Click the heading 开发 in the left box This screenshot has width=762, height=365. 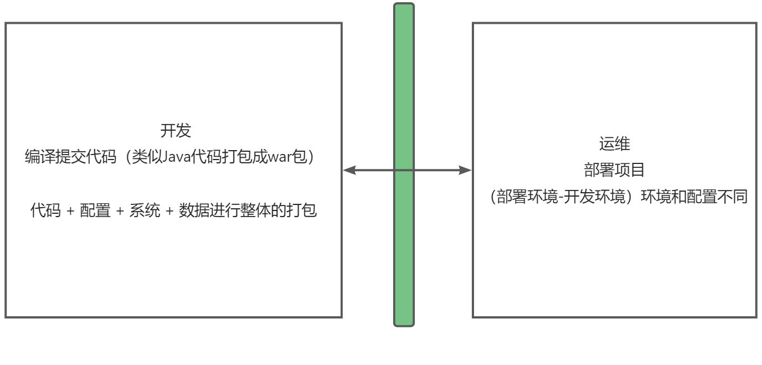tap(176, 131)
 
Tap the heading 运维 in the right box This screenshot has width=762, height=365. tap(614, 145)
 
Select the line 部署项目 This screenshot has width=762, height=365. tap(614, 169)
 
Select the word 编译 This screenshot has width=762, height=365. tap(40, 157)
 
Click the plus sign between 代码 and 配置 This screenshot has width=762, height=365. tap(70, 212)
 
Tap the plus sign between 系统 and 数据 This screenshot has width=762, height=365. tap(169, 212)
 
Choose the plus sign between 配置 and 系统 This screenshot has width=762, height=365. tap(120, 212)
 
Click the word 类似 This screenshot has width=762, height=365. tap(138, 157)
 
